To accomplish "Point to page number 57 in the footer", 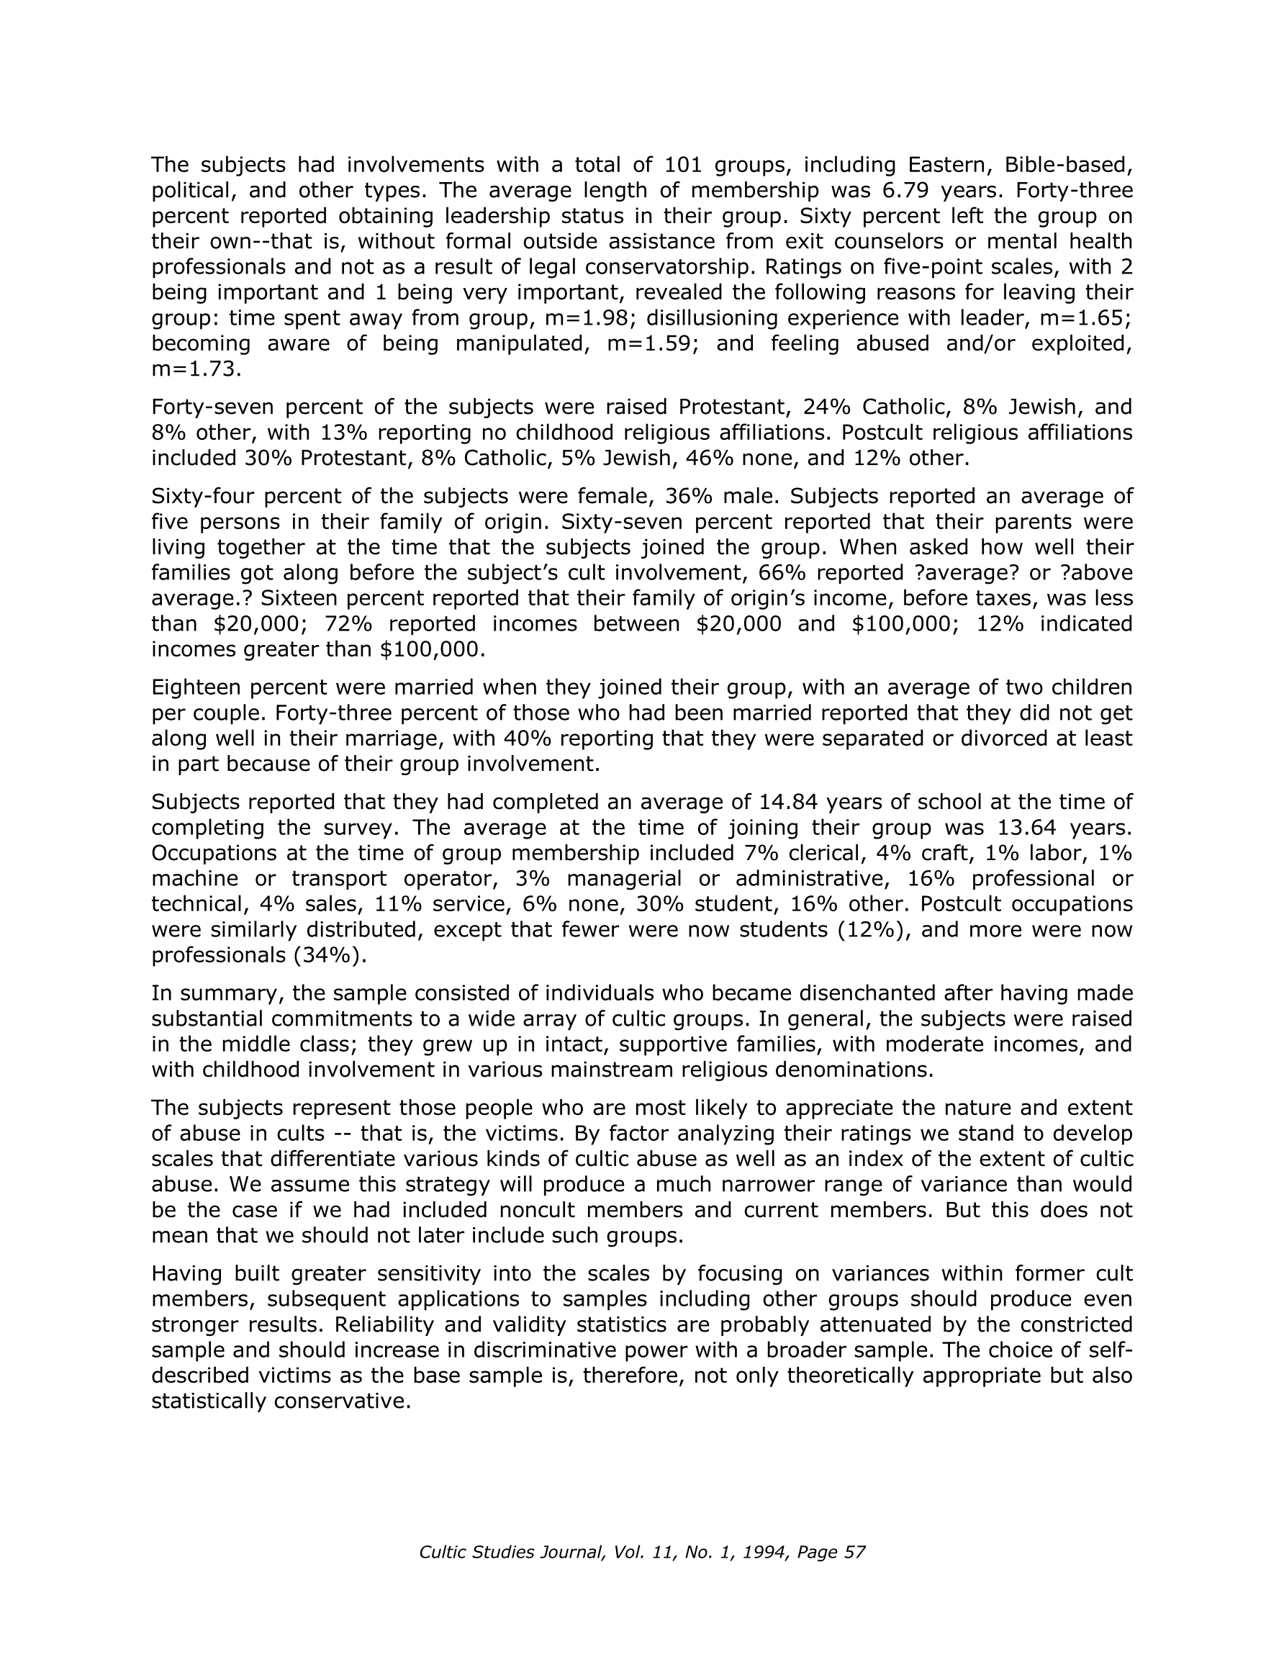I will point(855,1553).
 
